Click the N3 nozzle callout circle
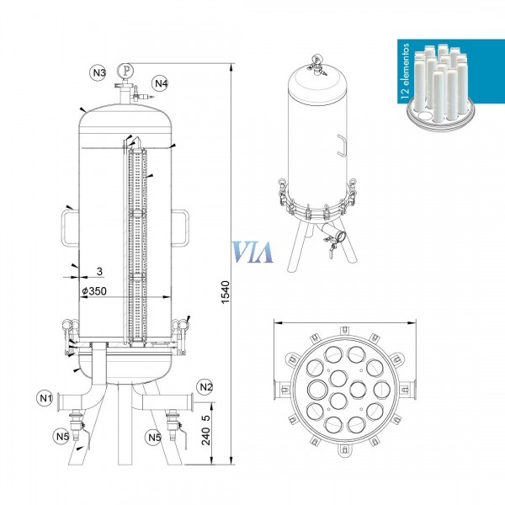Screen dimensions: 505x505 click(98, 73)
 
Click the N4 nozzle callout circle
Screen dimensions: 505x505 click(161, 83)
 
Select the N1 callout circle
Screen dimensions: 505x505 click(46, 397)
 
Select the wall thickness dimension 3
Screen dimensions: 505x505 click(99, 272)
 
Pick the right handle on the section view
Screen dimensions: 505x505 click(182, 226)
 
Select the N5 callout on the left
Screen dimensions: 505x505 click(62, 436)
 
